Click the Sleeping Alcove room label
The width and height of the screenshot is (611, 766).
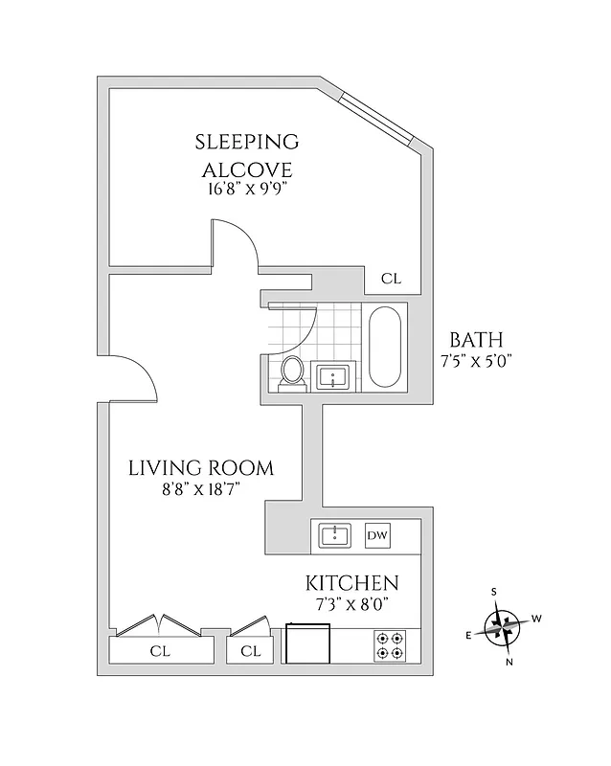click(x=247, y=156)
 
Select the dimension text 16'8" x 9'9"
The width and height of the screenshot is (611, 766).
click(x=247, y=189)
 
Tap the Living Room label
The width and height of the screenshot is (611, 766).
click(x=201, y=468)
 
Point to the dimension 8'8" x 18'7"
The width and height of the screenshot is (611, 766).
click(x=201, y=488)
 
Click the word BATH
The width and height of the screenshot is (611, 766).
click(x=476, y=340)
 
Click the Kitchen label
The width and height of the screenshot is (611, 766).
click(x=351, y=583)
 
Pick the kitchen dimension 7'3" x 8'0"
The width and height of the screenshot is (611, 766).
click(x=351, y=604)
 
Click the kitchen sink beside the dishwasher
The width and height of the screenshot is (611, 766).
click(x=334, y=535)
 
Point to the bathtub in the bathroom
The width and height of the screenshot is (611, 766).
click(x=386, y=347)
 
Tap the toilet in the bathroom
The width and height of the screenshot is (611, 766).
click(x=293, y=372)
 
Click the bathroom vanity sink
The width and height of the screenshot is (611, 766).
click(x=334, y=376)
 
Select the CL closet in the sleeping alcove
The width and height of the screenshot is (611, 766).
click(x=391, y=279)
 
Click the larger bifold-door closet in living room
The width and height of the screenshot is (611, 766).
click(x=160, y=651)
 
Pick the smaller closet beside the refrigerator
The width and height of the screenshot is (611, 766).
click(x=251, y=651)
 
